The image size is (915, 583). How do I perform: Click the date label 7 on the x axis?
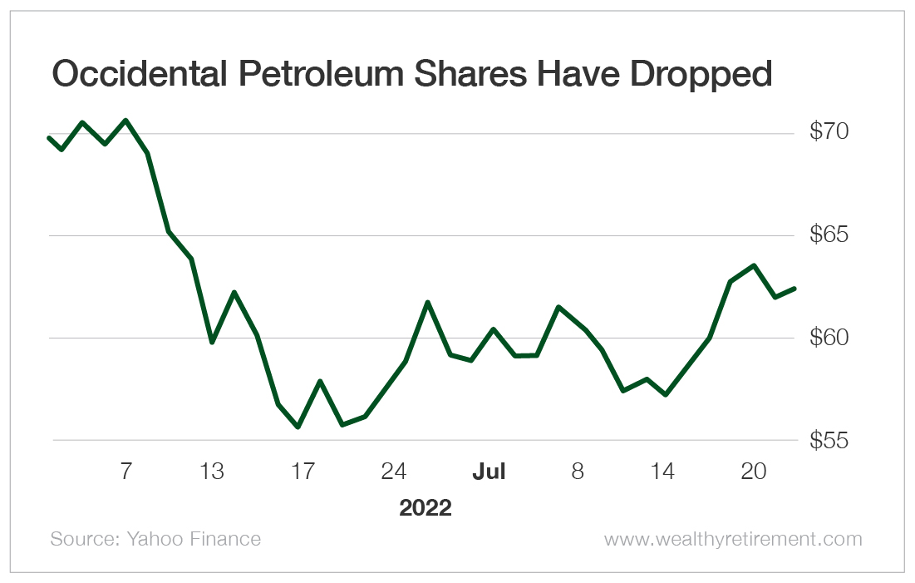point(125,472)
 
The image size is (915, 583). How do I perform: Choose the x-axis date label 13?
point(213,472)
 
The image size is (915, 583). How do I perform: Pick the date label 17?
point(303,472)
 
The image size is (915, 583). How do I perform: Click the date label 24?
point(394,472)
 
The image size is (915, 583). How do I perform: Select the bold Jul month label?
point(489,472)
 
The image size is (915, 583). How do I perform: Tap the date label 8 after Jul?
point(578,472)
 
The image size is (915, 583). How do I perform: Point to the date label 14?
point(662,472)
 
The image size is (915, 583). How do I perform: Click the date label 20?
point(753,472)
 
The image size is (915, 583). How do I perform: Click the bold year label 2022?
point(426,507)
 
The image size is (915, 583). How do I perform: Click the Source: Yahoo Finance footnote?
point(155,539)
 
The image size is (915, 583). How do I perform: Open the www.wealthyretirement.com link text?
point(733,539)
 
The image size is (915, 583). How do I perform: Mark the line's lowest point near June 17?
point(298,427)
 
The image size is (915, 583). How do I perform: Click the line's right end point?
point(795,289)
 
